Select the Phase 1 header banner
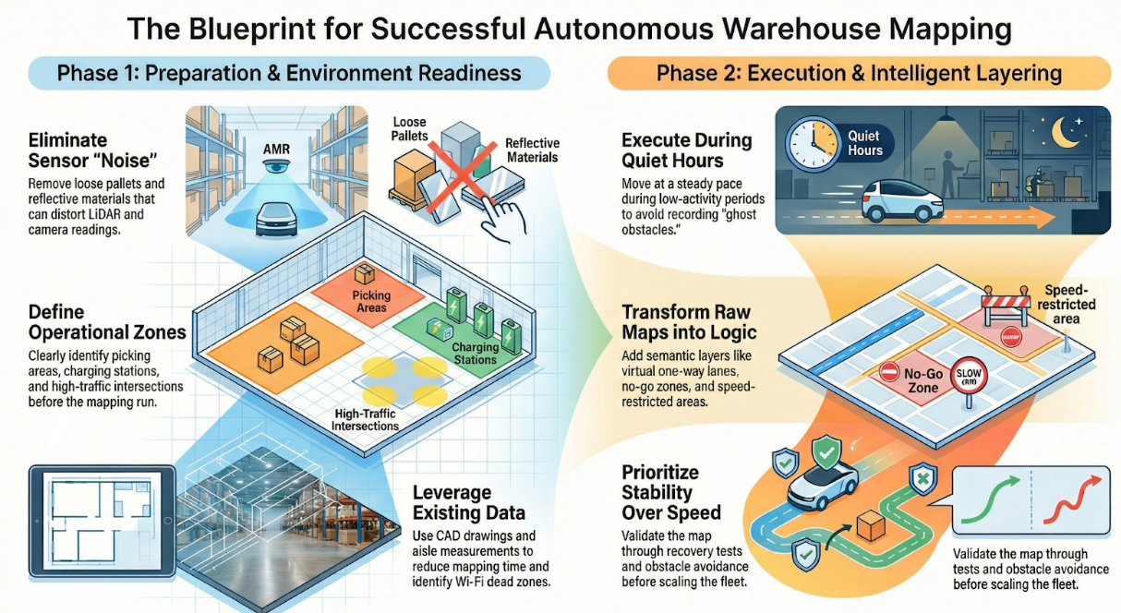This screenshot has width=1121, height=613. click(x=289, y=73)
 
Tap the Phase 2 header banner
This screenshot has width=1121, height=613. click(x=859, y=73)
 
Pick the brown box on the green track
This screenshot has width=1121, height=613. click(x=870, y=527)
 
